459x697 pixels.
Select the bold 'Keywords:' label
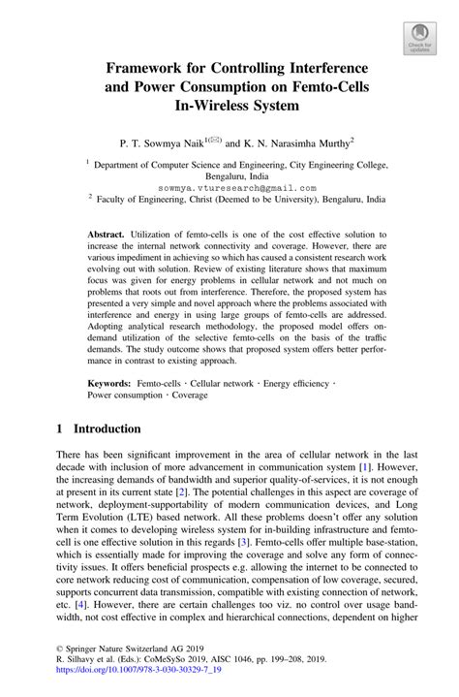tap(109, 384)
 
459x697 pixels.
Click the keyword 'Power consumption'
tap(128, 396)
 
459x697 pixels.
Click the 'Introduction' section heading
tap(99, 428)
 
